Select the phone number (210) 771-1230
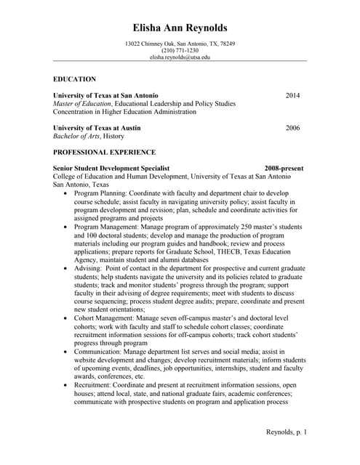click(180, 50)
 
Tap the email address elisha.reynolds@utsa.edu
click(180, 57)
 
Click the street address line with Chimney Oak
click(180, 44)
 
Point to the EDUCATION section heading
click(74, 79)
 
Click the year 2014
click(292, 95)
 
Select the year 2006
click(292, 128)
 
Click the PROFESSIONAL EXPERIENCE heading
click(105, 153)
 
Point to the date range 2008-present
click(284, 169)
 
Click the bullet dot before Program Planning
click(67, 194)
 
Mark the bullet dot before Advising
click(67, 268)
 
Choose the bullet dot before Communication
click(67, 352)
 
